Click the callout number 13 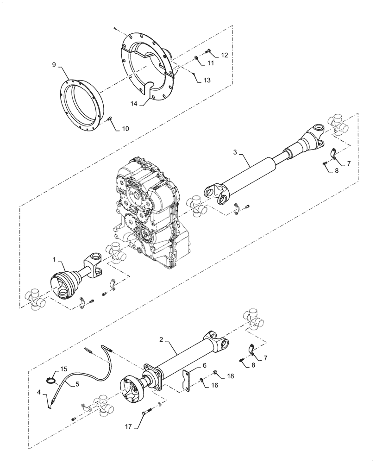pyautogui.click(x=207, y=80)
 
